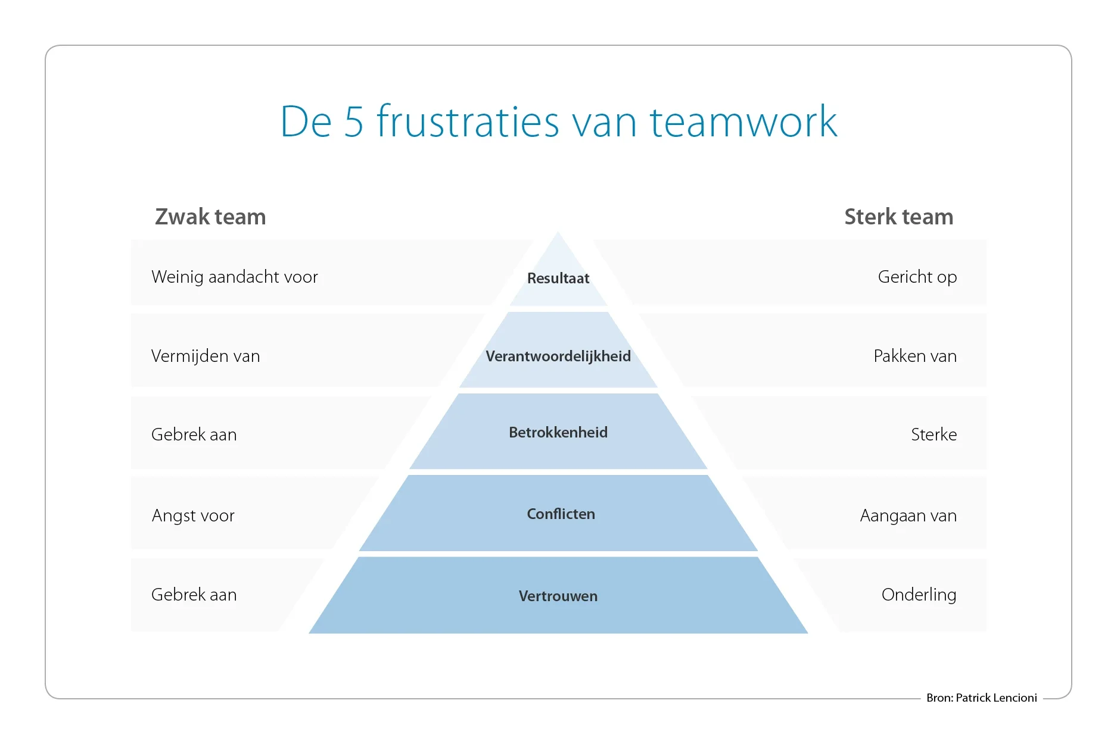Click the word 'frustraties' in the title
pyautogui.click(x=468, y=122)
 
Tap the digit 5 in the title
pyautogui.click(x=353, y=122)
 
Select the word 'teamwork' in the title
pyautogui.click(x=743, y=122)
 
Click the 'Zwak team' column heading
pyautogui.click(x=210, y=217)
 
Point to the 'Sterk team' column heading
pyautogui.click(x=898, y=217)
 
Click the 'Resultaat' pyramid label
pyautogui.click(x=558, y=278)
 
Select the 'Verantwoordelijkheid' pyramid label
pyautogui.click(x=558, y=356)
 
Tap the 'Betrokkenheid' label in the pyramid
pyautogui.click(x=558, y=432)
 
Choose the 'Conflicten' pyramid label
pyautogui.click(x=561, y=514)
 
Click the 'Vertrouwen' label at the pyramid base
pyautogui.click(x=558, y=596)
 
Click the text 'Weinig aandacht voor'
pyautogui.click(x=235, y=277)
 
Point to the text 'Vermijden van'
pyautogui.click(x=206, y=356)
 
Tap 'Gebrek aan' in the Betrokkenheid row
pyautogui.click(x=194, y=434)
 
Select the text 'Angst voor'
pyautogui.click(x=193, y=515)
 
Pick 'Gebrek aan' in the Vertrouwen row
pyautogui.click(x=194, y=595)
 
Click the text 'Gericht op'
pyautogui.click(x=917, y=277)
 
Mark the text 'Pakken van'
pyautogui.click(x=915, y=356)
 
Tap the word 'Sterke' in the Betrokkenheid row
pyautogui.click(x=934, y=434)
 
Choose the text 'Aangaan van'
pyautogui.click(x=908, y=515)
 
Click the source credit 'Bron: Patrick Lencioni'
pyautogui.click(x=981, y=698)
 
